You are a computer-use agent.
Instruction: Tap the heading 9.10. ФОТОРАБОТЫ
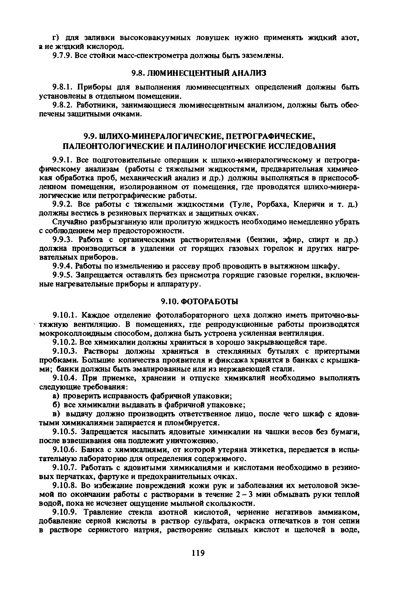(199, 301)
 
